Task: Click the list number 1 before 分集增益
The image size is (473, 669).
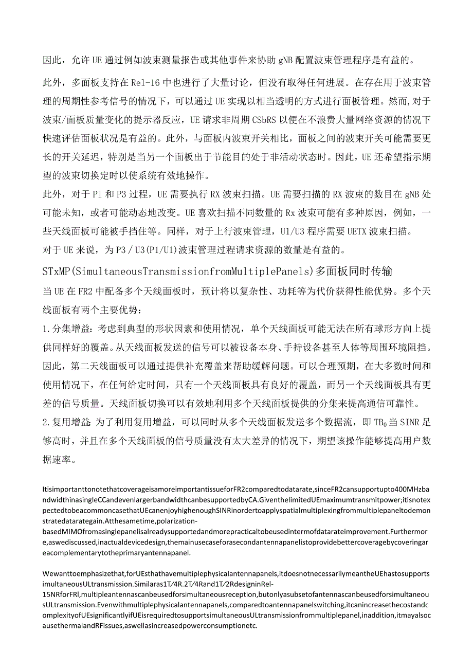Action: tap(44, 329)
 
